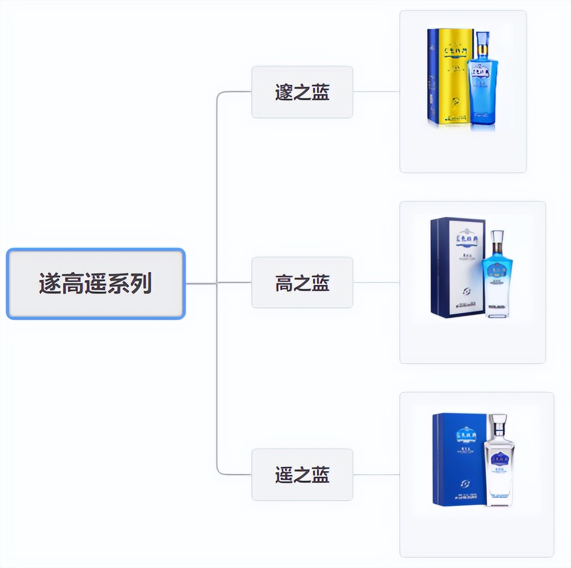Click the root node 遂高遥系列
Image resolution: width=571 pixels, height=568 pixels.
pyautogui.click(x=95, y=284)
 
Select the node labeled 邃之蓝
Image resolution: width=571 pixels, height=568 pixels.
pyautogui.click(x=302, y=92)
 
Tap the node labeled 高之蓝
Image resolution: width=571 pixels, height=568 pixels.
pyautogui.click(x=302, y=283)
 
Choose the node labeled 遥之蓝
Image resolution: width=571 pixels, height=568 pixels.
pyautogui.click(x=302, y=474)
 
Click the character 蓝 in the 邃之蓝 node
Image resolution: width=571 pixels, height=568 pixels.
pyautogui.click(x=321, y=92)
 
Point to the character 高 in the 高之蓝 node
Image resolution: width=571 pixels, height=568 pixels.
pyautogui.click(x=284, y=283)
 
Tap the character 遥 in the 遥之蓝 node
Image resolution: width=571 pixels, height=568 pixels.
pyautogui.click(x=284, y=474)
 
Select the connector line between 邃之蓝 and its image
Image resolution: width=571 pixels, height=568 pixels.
pyautogui.click(x=376, y=91)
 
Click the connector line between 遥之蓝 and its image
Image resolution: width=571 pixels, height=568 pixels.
pyautogui.click(x=376, y=474)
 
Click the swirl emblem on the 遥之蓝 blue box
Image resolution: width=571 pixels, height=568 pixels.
pyautogui.click(x=465, y=484)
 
